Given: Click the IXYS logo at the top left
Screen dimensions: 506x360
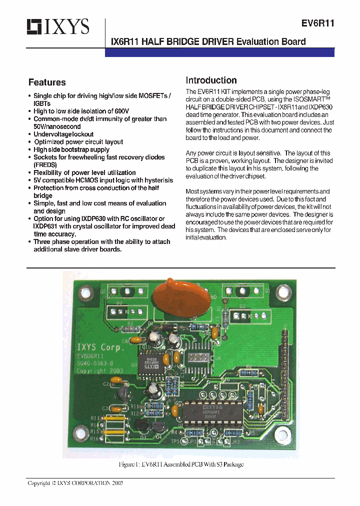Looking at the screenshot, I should (58, 26).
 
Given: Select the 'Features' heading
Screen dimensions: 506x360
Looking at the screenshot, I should (47, 82).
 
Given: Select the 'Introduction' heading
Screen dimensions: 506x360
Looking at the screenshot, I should (211, 80).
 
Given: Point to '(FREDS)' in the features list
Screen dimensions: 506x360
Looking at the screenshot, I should (45, 164).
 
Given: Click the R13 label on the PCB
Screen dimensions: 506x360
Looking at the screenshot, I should (94, 418).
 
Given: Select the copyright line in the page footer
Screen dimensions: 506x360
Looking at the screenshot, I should (75, 483).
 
